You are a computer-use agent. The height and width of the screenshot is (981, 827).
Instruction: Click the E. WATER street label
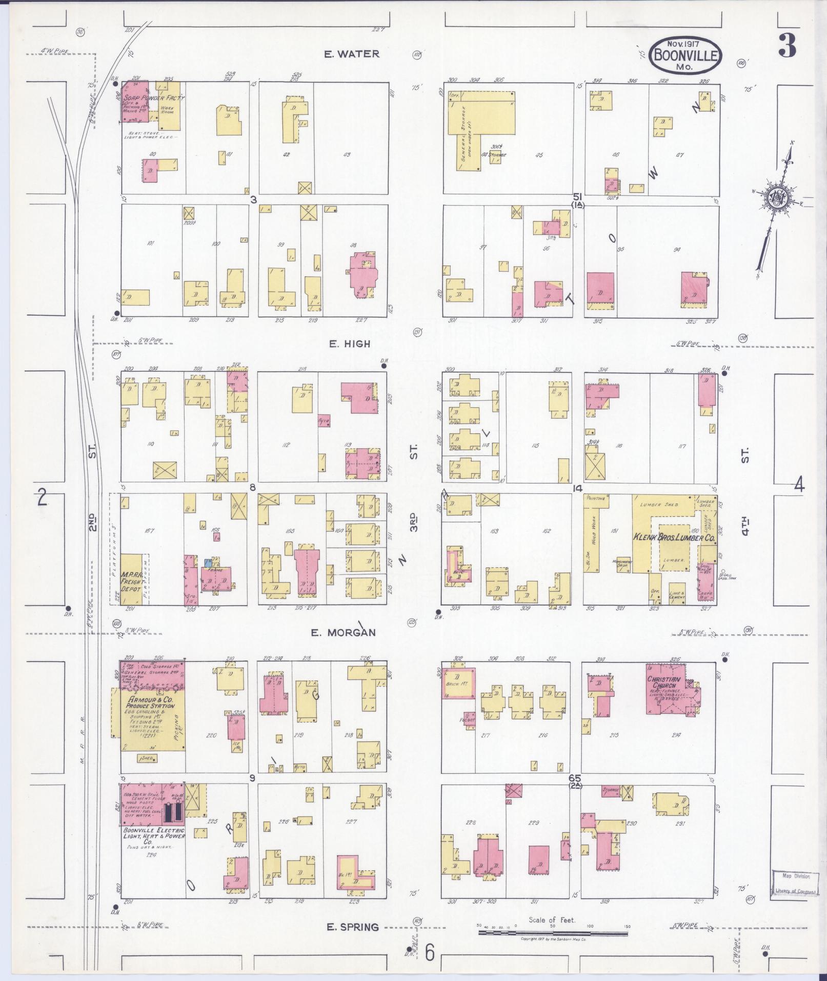pos(351,54)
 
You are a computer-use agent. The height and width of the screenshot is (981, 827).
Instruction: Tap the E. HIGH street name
pos(349,344)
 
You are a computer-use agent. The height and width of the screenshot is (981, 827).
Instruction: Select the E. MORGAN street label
pos(343,632)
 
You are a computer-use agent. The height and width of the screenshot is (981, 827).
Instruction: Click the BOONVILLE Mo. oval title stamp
pos(685,55)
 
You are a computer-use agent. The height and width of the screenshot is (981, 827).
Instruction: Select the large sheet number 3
pos(787,46)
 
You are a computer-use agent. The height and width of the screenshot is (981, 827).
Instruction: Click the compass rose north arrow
pos(775,200)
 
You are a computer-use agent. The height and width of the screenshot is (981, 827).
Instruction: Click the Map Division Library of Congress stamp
pos(794,884)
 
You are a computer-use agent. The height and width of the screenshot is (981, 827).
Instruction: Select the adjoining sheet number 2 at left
pos(42,498)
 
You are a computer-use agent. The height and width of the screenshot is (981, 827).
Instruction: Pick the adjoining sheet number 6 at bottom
pos(430,953)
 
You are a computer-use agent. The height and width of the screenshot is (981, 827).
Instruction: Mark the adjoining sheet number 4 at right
pos(799,485)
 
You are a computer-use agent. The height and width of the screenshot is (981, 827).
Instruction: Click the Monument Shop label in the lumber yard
pos(623,563)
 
